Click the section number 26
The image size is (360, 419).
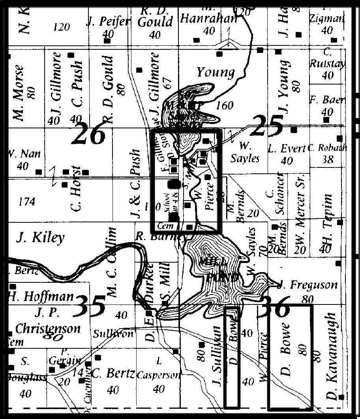point(89,133)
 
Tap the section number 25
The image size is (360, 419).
point(267,125)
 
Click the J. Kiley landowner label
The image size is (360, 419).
point(40,238)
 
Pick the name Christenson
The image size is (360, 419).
point(47,329)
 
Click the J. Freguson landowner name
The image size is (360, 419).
point(307,285)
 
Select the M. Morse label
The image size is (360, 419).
point(19,93)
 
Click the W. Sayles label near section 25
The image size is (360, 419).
point(245,152)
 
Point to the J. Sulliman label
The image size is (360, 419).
point(216,355)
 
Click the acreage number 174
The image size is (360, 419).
point(27,202)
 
